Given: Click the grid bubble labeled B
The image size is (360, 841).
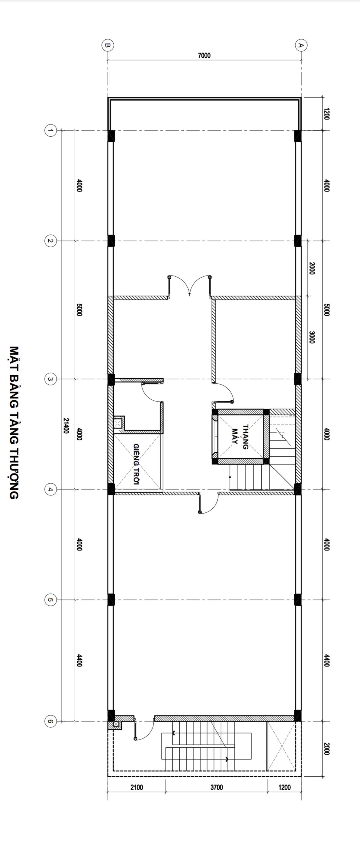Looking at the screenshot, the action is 108,45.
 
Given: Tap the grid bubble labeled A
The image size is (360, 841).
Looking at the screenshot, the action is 301,45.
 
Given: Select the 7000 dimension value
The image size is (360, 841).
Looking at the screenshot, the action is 204,56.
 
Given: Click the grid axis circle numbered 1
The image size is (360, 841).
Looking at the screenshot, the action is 50,131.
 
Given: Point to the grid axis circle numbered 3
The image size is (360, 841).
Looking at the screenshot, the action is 50,379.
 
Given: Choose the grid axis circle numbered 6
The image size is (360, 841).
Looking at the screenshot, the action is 50,721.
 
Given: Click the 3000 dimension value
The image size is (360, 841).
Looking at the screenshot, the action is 312,337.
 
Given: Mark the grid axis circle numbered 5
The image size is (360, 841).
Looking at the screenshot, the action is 50,600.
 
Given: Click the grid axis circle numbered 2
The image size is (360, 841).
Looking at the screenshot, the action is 50,241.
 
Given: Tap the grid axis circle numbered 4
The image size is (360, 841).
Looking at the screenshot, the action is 50,489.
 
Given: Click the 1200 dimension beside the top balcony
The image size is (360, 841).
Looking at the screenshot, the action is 327,114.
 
